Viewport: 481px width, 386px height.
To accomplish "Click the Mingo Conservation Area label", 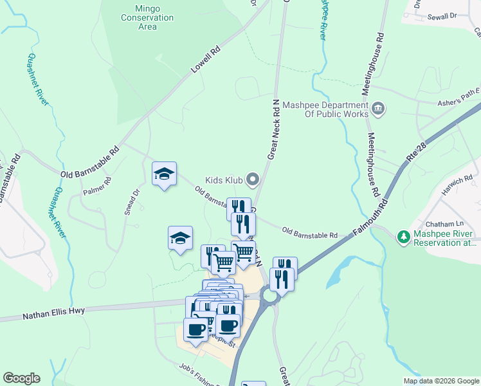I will pyautogui.click(x=147, y=18).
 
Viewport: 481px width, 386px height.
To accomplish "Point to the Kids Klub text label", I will pyautogui.click(x=224, y=180).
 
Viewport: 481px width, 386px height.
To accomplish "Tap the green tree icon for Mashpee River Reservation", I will pyautogui.click(x=404, y=237).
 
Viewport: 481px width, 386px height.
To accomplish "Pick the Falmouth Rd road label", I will pyautogui.click(x=371, y=220).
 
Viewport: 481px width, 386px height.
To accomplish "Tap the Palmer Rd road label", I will pyautogui.click(x=97, y=187).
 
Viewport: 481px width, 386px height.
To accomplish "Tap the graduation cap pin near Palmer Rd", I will pyautogui.click(x=164, y=174).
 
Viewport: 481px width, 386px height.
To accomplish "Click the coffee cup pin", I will pyautogui.click(x=196, y=329).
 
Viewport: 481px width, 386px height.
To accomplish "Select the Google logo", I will pyautogui.click(x=21, y=378).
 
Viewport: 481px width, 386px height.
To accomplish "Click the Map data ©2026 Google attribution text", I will pyautogui.click(x=441, y=380).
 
